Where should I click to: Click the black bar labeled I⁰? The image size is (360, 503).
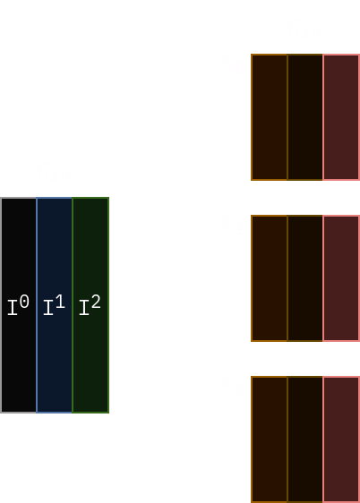click(18, 305)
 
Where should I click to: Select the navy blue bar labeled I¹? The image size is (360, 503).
click(55, 305)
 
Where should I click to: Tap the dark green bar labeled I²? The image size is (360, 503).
click(90, 305)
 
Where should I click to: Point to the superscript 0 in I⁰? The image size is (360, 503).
click(24, 302)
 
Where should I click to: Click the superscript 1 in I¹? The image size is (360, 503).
click(60, 302)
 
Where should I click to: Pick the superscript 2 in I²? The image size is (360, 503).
click(96, 302)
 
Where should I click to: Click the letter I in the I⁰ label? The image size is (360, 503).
click(13, 308)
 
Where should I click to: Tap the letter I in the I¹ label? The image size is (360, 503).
click(48, 308)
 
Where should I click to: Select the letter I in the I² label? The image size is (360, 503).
click(84, 308)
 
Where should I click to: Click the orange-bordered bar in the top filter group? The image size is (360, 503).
click(270, 117)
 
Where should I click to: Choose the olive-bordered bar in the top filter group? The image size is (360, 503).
click(304, 117)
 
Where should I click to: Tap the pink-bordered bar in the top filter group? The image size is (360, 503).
click(341, 117)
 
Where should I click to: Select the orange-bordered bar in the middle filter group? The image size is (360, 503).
click(270, 278)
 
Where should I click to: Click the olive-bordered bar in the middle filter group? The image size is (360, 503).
click(304, 278)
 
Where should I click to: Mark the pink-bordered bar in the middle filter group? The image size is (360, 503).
click(341, 278)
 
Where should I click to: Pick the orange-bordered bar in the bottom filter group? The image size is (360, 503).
click(270, 439)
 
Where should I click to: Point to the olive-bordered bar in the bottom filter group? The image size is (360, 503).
click(304, 439)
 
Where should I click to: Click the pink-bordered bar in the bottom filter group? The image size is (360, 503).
click(341, 439)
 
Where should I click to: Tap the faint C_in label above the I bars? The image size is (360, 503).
click(54, 172)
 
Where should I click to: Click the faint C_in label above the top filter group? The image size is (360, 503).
click(304, 29)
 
